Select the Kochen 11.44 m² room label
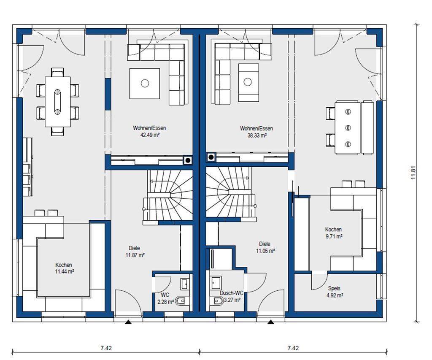click(x=64, y=268)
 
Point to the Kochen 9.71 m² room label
click(x=333, y=233)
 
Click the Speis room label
click(x=334, y=288)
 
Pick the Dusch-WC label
click(x=232, y=293)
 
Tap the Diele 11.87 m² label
click(x=135, y=252)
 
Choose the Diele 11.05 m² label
click(x=265, y=248)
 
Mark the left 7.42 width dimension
click(x=106, y=348)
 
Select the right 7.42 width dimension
click(x=293, y=348)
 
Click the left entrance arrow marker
click(x=128, y=322)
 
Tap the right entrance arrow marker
click(x=271, y=322)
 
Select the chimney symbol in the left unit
click(x=188, y=160)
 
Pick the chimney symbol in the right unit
click(x=211, y=157)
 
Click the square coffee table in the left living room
click(x=145, y=84)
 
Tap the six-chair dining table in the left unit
click(x=57, y=102)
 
